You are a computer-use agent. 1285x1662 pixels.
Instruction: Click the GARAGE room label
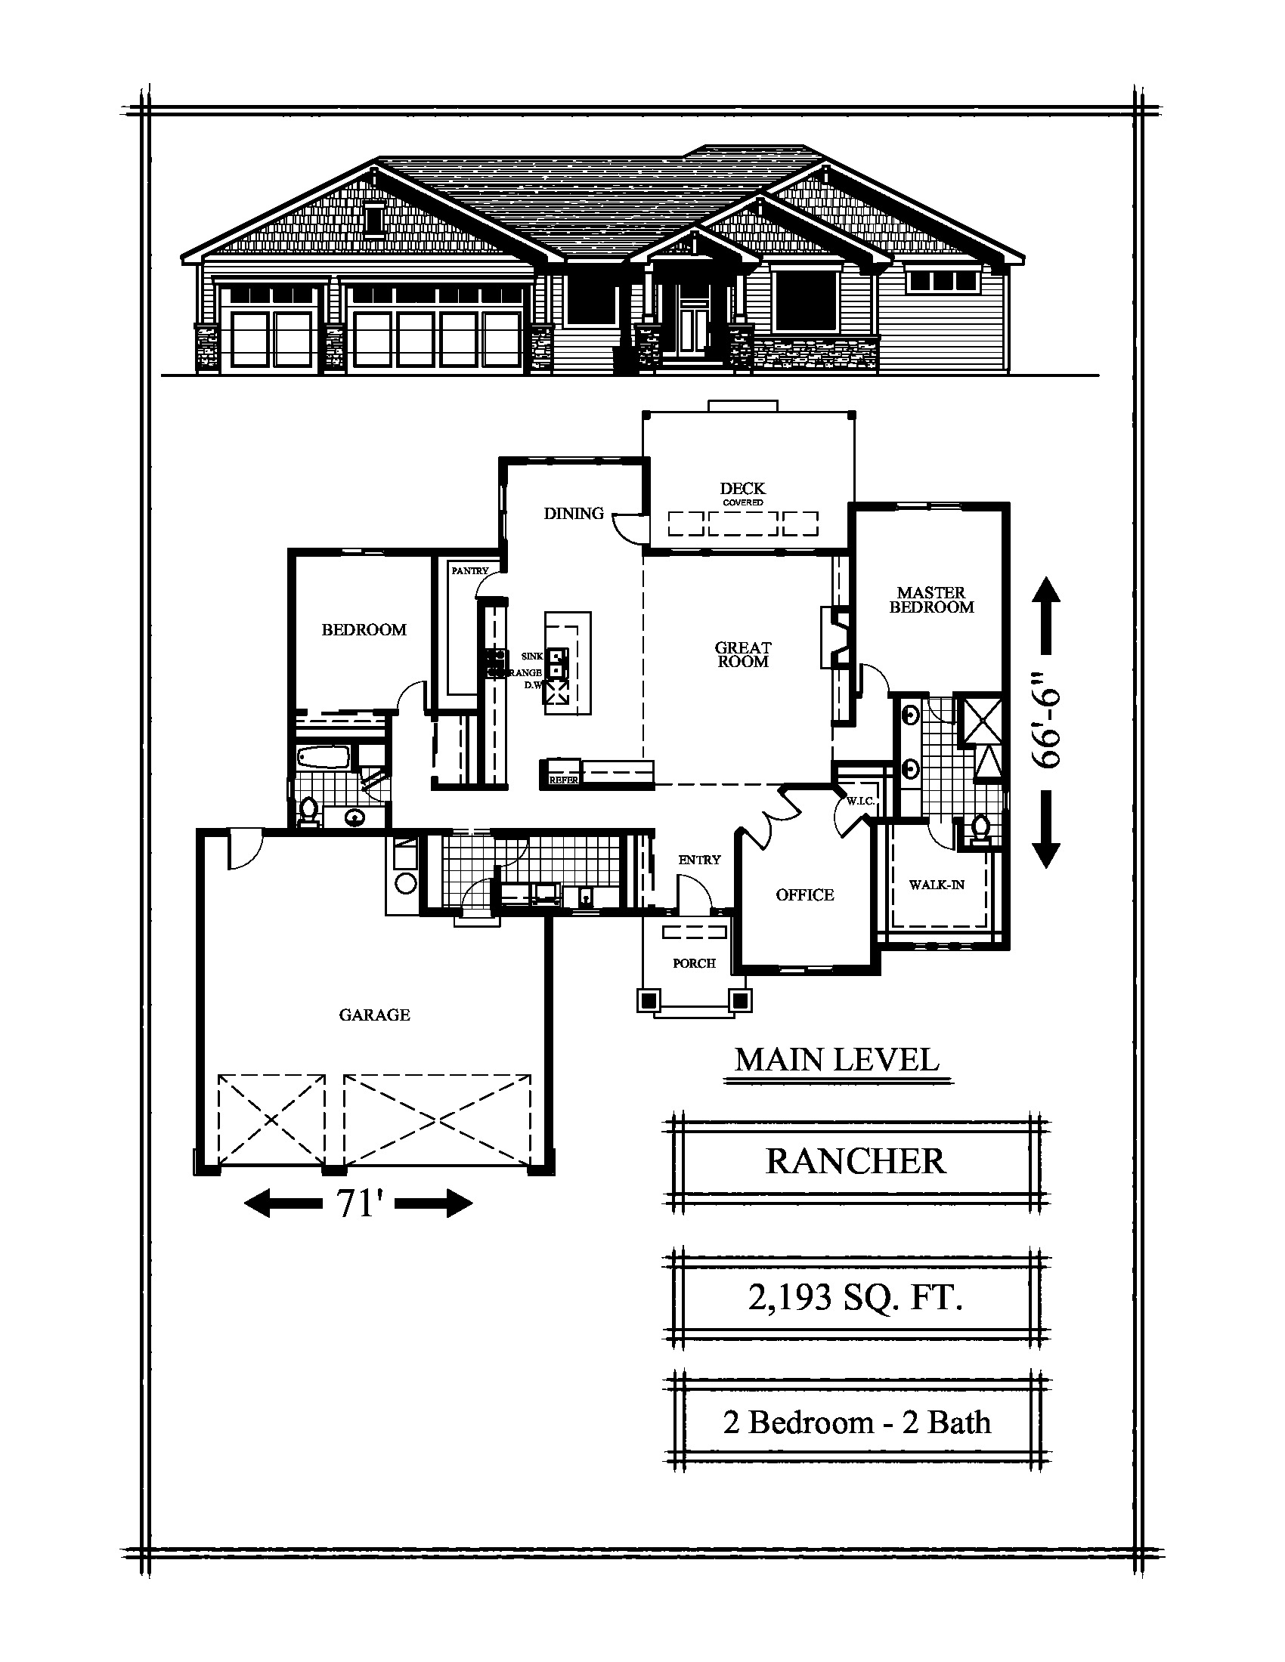(374, 1015)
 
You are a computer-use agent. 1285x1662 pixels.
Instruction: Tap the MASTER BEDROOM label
(932, 600)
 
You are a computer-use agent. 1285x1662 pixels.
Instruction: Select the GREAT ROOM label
(743, 654)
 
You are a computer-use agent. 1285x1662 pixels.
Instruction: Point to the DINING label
(574, 514)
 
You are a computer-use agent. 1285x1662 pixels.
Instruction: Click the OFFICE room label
(805, 895)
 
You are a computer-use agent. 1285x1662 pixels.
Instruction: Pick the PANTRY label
(469, 570)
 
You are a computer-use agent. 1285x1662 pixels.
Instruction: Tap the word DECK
(743, 488)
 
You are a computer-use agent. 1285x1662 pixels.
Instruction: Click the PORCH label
(694, 963)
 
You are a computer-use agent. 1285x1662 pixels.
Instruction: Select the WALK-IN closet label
(937, 885)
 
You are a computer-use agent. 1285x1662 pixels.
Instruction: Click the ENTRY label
(700, 860)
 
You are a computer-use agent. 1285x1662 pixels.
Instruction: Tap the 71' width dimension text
(358, 1204)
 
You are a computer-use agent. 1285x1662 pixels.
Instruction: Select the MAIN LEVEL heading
(838, 1060)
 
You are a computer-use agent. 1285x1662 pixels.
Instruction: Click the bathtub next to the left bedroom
(322, 757)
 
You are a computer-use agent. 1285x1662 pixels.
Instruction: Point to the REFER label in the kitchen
(564, 780)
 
